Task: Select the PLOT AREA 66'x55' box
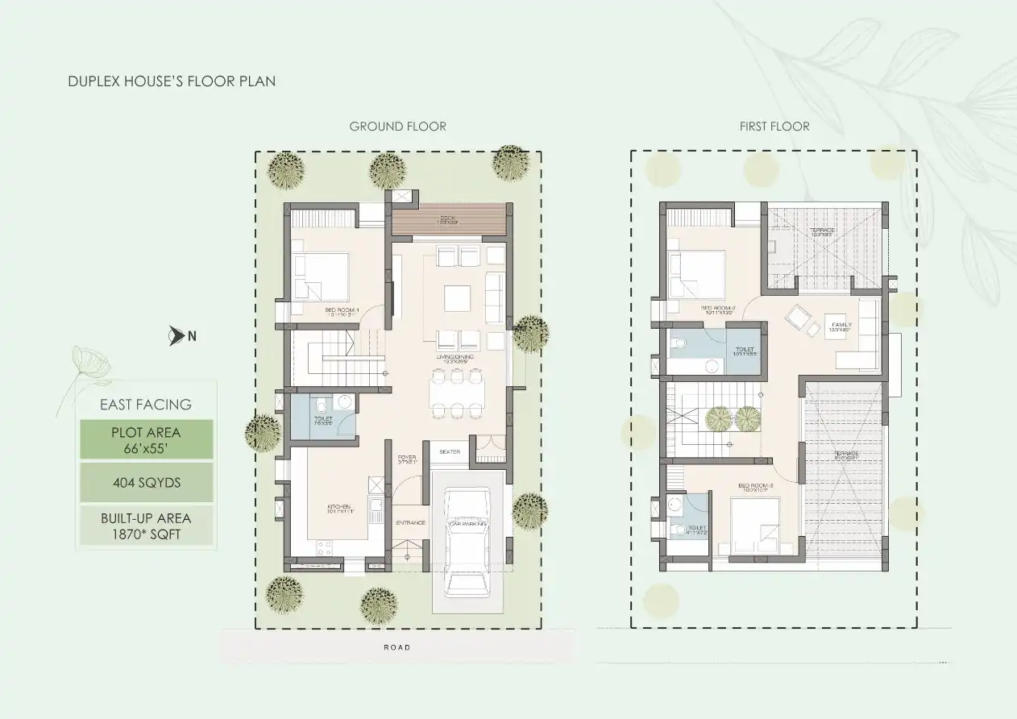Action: point(146,439)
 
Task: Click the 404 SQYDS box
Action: point(146,483)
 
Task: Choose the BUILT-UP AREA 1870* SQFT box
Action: point(146,525)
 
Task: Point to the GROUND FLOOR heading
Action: point(397,127)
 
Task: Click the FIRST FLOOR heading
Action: point(774,127)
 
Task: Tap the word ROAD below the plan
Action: point(397,647)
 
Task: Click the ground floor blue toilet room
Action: point(322,416)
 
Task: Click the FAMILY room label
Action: point(841,326)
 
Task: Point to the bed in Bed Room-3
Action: point(756,523)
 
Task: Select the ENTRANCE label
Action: point(410,523)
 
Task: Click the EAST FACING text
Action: point(146,405)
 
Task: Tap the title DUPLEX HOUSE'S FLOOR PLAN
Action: point(172,81)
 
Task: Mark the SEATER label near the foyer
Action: point(450,452)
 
